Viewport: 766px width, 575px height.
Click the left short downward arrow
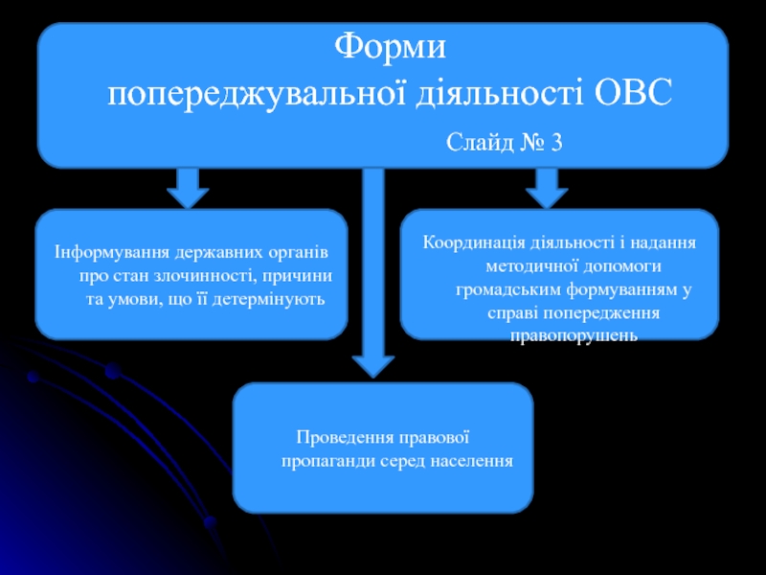[x=188, y=188]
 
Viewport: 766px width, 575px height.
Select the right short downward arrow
[x=547, y=188]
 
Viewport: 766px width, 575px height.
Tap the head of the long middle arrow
[x=372, y=363]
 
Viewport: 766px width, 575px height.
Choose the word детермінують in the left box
[x=277, y=300]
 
